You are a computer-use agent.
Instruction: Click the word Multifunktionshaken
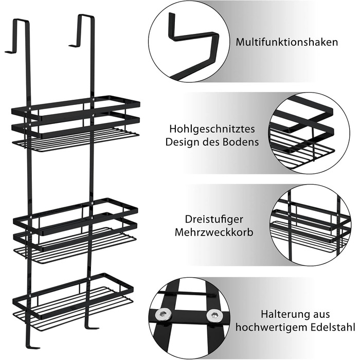coord(287,43)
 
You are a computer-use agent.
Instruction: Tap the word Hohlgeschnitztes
coord(212,129)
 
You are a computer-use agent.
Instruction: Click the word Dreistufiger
coord(214,220)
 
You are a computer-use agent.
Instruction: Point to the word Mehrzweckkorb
coord(214,232)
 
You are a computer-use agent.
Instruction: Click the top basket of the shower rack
coord(76,124)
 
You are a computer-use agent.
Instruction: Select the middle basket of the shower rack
coord(75,231)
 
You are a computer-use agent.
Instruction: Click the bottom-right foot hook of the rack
coord(92,326)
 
